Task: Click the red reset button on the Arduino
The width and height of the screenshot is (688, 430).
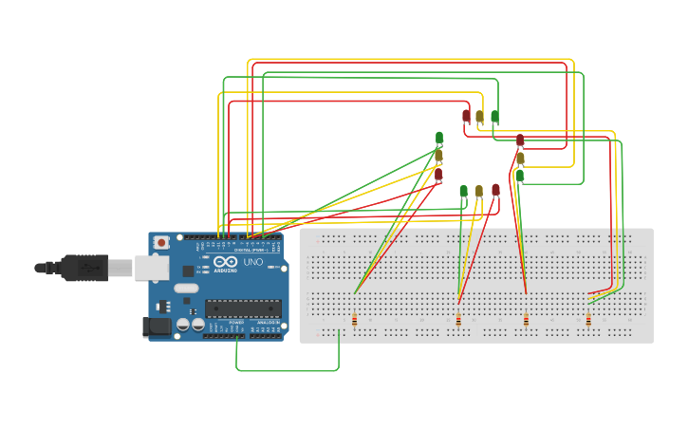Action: [161, 243]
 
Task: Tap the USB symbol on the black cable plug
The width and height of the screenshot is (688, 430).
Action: [91, 269]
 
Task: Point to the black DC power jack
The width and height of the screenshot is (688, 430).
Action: [157, 327]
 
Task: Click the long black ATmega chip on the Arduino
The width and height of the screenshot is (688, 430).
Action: [243, 308]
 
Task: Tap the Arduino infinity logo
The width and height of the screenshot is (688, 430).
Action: [224, 262]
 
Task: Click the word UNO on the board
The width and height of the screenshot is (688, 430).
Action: [253, 262]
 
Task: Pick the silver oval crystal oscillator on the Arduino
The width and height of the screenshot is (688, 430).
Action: [186, 288]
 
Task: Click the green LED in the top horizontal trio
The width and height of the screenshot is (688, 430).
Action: [494, 116]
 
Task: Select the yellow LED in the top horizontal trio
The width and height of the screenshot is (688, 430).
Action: [479, 116]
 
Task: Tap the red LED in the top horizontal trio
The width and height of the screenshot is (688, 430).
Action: [466, 116]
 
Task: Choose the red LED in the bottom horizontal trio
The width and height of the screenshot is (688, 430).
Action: [495, 190]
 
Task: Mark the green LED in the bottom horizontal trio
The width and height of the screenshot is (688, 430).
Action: [463, 191]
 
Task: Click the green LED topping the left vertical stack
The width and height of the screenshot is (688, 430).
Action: [439, 138]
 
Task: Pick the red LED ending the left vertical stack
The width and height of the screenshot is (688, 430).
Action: [438, 174]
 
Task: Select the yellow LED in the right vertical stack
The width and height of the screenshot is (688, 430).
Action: [520, 158]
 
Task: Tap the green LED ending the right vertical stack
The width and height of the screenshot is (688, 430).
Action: [520, 176]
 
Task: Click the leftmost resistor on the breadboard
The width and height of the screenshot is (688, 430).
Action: [355, 320]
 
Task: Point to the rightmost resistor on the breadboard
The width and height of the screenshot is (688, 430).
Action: [588, 320]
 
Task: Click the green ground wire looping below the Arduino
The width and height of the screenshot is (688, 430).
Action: [285, 370]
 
